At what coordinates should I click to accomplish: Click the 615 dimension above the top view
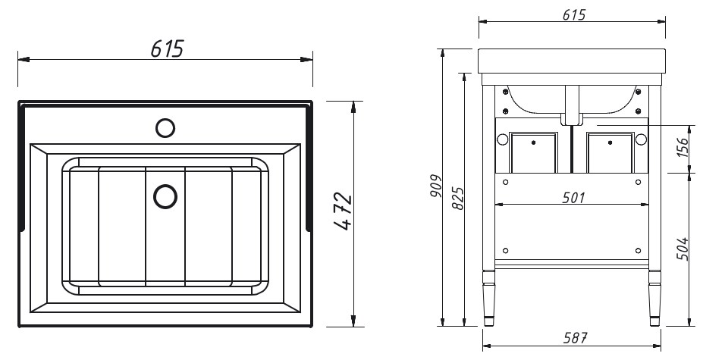tap(168, 49)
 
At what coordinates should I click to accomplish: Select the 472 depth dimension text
tap(343, 212)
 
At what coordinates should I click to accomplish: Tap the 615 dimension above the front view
tap(574, 15)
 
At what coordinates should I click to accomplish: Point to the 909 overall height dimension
tap(435, 186)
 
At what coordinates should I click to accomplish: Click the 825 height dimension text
tap(457, 199)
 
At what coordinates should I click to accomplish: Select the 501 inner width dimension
tap(574, 198)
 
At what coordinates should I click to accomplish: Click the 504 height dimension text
tap(683, 249)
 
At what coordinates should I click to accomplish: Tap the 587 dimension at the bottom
tap(575, 339)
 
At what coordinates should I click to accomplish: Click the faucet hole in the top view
tap(165, 128)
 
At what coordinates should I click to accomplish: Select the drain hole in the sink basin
tap(165, 196)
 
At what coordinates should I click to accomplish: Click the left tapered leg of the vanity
tap(488, 298)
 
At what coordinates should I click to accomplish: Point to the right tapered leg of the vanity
tap(654, 298)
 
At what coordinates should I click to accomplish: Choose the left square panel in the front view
tap(534, 152)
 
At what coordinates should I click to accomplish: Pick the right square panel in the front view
tap(610, 152)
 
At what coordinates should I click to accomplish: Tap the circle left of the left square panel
tap(503, 139)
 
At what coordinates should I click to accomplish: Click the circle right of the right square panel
tap(641, 139)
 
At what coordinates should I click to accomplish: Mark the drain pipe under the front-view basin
tap(573, 105)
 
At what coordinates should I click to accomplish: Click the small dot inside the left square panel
tap(534, 142)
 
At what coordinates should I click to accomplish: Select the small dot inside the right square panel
tap(610, 142)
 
